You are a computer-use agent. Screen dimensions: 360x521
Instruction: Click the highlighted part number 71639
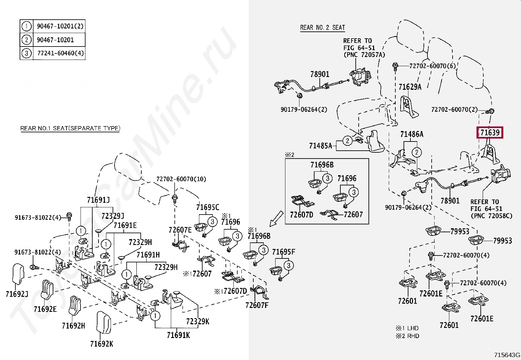coord(490,133)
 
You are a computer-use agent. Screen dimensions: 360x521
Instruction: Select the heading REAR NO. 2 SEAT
coord(322,28)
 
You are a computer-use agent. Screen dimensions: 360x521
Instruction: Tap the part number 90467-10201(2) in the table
coord(60,26)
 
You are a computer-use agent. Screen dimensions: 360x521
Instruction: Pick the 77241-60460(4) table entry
coord(61,53)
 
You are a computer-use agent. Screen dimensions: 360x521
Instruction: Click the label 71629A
coord(410,87)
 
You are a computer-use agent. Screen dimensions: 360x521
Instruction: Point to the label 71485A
coord(320,145)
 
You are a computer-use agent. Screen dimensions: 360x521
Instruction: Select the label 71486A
coord(412,134)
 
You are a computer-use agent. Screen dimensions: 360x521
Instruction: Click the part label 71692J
coord(17,294)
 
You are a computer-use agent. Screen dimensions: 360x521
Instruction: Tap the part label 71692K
coord(101,344)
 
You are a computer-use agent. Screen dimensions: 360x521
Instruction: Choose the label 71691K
coord(178,335)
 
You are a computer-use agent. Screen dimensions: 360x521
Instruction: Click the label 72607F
coord(257,306)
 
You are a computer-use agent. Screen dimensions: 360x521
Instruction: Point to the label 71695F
coord(283,252)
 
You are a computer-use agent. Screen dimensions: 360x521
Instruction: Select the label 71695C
coord(207,207)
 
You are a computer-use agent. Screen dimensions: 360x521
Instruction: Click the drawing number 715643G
coord(507,355)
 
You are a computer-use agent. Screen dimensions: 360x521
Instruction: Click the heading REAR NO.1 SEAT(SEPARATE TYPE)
coord(70,128)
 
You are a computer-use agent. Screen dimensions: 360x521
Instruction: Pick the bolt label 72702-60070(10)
coord(181,179)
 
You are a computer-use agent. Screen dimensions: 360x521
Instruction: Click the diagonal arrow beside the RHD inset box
coord(276,218)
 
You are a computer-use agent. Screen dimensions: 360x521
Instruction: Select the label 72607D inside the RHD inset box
coord(301,215)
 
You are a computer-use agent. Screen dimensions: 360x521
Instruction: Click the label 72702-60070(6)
coord(432,66)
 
